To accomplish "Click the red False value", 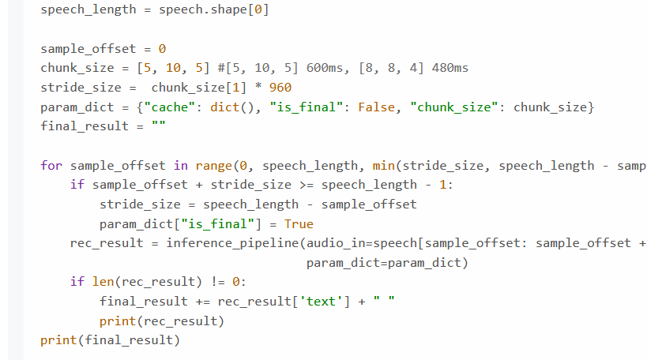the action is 380,107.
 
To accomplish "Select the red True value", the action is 299,223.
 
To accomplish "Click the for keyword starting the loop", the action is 51,165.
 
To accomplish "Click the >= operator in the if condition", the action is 307,185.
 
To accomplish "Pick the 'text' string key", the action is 321,302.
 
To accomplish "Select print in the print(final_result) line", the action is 58,340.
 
